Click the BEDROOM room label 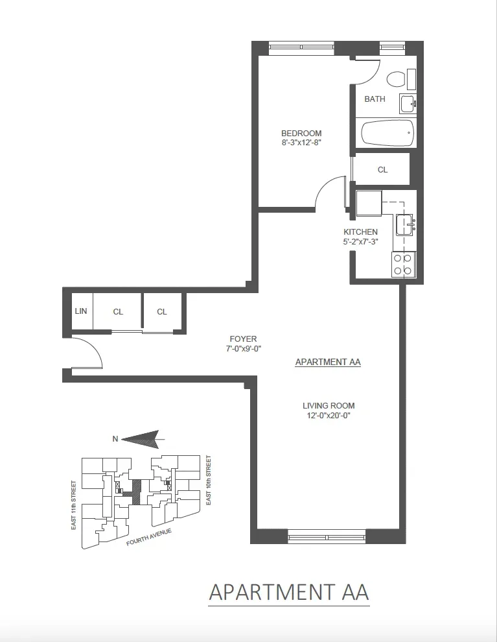(301, 134)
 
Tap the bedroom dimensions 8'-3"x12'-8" (301, 143)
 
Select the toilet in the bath (395, 80)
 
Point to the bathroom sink (407, 104)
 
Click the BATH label (375, 99)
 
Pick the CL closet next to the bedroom (382, 170)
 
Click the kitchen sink (404, 225)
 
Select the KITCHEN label (360, 232)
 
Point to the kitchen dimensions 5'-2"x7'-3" (360, 242)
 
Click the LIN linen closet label (81, 312)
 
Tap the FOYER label (243, 339)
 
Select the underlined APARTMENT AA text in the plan (327, 363)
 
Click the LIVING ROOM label (329, 406)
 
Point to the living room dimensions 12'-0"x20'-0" (329, 416)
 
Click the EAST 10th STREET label (208, 481)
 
